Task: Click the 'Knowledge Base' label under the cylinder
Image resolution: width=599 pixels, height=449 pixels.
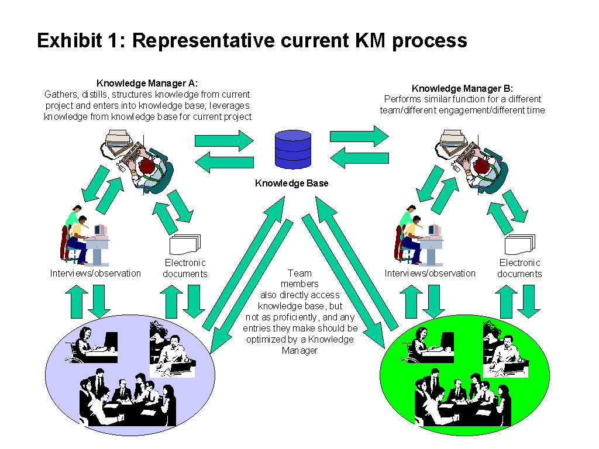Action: click(291, 184)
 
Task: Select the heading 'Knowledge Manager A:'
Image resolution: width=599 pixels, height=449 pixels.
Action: click(147, 84)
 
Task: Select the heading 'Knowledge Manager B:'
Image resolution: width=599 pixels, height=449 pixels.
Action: click(464, 89)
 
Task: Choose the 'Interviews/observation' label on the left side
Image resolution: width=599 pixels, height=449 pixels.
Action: click(95, 273)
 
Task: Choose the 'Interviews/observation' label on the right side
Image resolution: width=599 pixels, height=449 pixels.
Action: click(430, 273)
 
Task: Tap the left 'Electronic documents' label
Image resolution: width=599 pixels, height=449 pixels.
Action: click(185, 268)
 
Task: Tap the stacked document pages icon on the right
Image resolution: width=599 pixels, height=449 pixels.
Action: click(519, 243)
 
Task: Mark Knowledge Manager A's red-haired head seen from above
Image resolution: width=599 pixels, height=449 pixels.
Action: click(147, 168)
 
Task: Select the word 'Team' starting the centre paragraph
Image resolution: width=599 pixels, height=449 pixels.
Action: click(299, 273)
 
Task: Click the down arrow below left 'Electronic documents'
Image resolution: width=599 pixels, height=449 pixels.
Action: click(194, 301)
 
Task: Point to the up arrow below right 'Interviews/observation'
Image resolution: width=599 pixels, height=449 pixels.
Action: click(412, 301)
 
